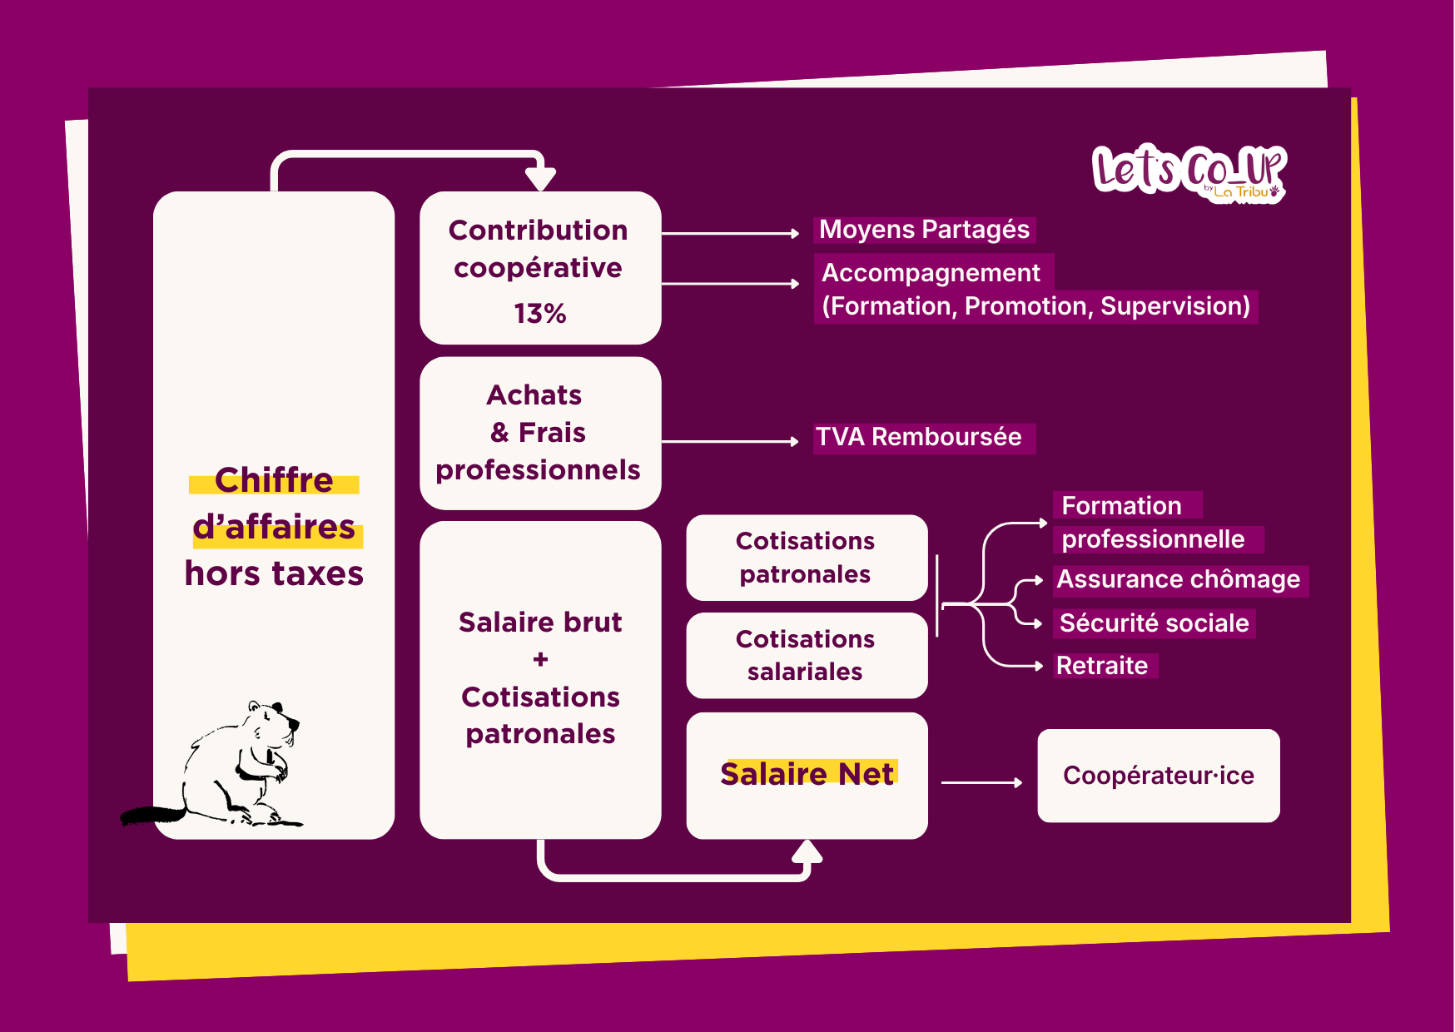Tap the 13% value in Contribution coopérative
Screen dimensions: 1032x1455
[x=539, y=314]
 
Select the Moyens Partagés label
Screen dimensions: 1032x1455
[x=924, y=230]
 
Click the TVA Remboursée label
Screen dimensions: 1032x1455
[x=919, y=437]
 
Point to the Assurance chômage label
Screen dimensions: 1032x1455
[x=1178, y=579]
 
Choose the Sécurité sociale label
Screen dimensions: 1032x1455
[x=1154, y=623]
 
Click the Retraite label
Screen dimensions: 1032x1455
[x=1102, y=666]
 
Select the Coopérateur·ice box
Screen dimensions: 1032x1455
[x=1158, y=776]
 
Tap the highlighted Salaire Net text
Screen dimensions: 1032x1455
[x=807, y=774]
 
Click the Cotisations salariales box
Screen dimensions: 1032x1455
[x=806, y=655]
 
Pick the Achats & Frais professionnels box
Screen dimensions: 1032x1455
[x=539, y=433]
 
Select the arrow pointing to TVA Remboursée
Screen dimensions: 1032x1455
[x=729, y=441]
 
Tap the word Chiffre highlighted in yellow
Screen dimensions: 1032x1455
[x=274, y=480]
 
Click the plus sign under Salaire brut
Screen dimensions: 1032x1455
[x=540, y=659]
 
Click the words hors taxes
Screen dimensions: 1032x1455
[x=274, y=573]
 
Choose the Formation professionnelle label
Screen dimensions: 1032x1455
[x=1153, y=523]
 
